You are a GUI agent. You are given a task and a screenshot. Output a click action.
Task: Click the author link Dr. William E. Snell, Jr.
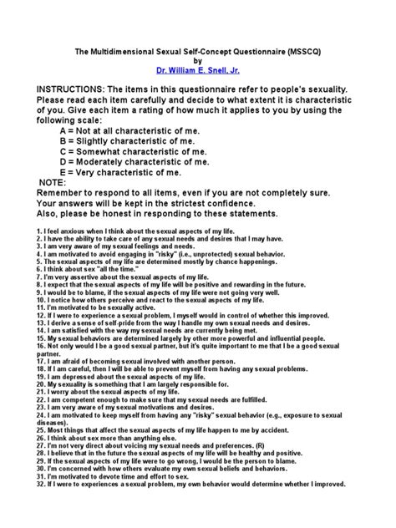click(x=198, y=71)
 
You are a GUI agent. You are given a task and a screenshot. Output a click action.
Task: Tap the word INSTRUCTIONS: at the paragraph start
click(x=73, y=90)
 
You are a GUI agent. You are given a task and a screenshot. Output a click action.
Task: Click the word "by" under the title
click(x=198, y=60)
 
